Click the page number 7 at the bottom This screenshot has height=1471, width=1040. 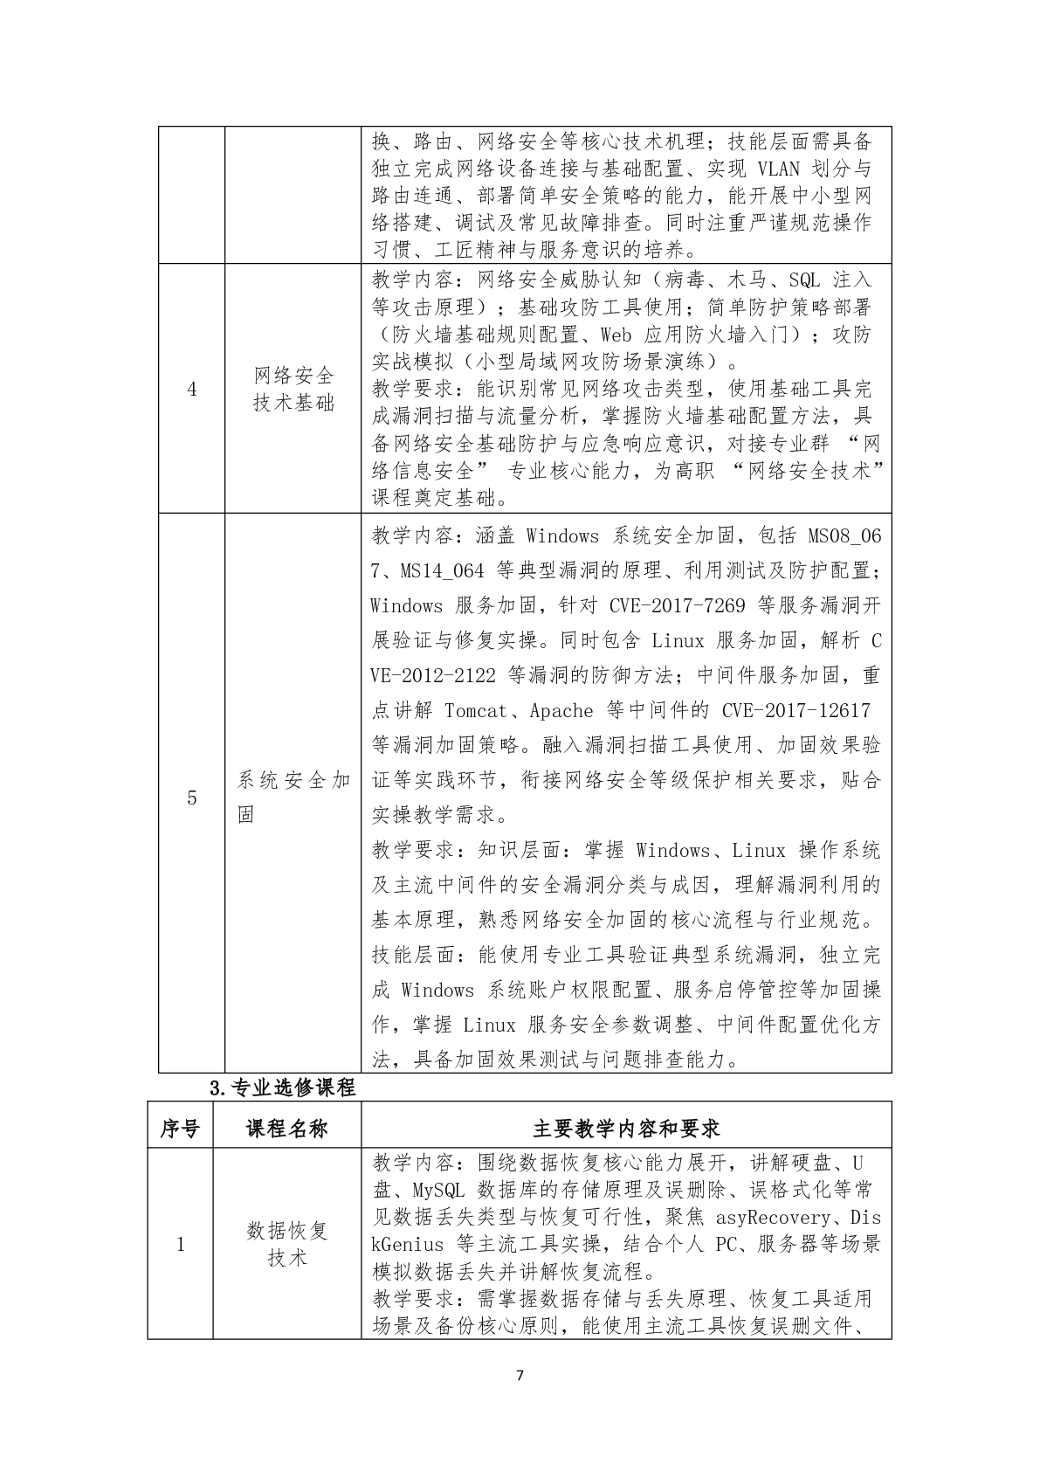(520, 1376)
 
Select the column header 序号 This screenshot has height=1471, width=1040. (180, 1129)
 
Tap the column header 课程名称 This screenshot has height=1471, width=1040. (287, 1129)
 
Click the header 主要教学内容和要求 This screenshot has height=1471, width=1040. (626, 1129)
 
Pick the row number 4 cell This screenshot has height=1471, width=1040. (192, 390)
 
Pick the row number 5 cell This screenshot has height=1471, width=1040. (192, 798)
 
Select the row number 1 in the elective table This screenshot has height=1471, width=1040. (181, 1244)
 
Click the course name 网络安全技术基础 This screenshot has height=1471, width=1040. (293, 390)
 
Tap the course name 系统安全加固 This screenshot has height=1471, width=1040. (293, 797)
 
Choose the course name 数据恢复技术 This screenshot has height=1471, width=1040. (287, 1244)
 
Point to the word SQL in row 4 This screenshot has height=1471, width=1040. (804, 280)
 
